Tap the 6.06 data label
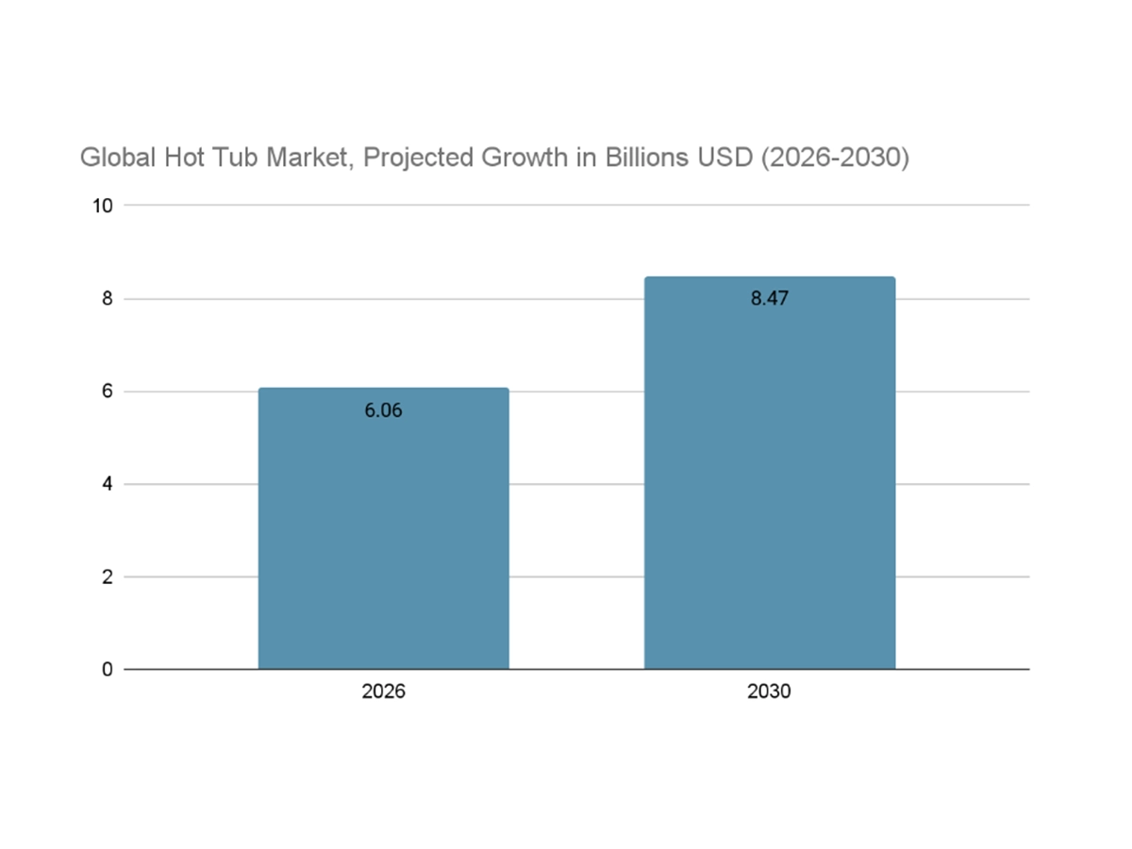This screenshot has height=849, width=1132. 383,410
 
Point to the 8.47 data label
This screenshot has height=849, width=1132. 769,299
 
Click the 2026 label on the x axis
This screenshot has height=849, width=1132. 383,691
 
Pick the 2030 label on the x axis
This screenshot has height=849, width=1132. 769,691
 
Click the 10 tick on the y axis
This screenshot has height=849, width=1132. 102,206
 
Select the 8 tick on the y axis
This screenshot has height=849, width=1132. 107,298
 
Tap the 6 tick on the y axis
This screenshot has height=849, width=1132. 107,391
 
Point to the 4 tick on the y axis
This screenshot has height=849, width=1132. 107,484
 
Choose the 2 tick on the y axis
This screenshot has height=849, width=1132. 107,576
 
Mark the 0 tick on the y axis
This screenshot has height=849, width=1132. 107,670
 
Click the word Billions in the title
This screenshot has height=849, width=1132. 646,158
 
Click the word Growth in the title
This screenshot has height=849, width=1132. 523,158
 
